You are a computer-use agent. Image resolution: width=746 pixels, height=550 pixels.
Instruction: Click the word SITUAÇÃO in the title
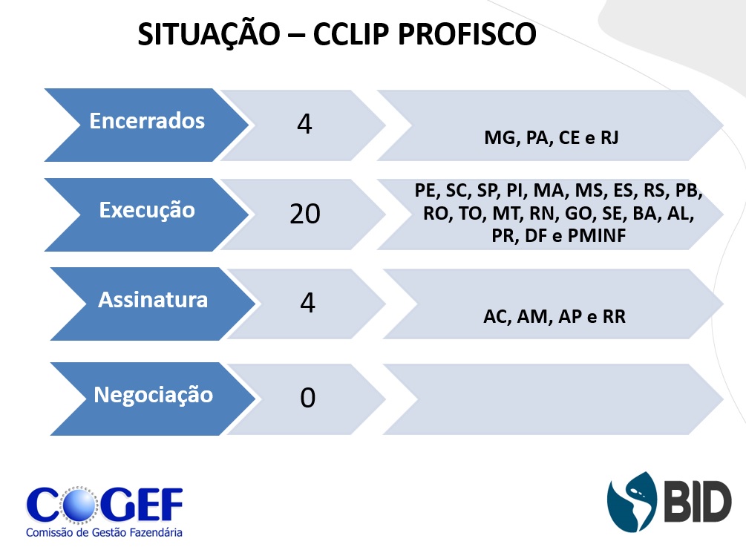[209, 35]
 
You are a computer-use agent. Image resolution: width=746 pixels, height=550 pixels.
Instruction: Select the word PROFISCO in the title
[467, 34]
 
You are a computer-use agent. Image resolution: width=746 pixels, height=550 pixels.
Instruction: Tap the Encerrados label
[147, 121]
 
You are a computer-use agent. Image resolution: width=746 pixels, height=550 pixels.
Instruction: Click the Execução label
[147, 211]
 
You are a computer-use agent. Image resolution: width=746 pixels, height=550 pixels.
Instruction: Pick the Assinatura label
[153, 300]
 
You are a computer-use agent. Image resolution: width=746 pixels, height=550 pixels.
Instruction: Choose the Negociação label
[153, 396]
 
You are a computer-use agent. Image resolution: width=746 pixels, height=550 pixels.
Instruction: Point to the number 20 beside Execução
[305, 214]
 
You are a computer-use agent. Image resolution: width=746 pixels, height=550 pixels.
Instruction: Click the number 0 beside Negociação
[307, 397]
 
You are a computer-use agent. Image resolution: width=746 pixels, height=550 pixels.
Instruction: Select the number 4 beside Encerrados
[304, 124]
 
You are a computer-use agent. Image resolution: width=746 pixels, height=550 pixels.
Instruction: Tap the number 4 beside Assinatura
[307, 302]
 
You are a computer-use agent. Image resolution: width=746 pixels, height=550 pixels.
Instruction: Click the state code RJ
[609, 137]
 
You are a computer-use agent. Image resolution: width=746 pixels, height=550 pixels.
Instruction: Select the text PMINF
[597, 235]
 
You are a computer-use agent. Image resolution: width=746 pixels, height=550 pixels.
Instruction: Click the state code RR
[614, 316]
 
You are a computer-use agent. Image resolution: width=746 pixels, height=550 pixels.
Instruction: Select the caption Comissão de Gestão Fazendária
[104, 532]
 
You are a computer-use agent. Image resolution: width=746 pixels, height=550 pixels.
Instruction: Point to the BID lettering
[698, 502]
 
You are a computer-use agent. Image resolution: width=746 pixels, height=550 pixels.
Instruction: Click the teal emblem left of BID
[632, 502]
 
